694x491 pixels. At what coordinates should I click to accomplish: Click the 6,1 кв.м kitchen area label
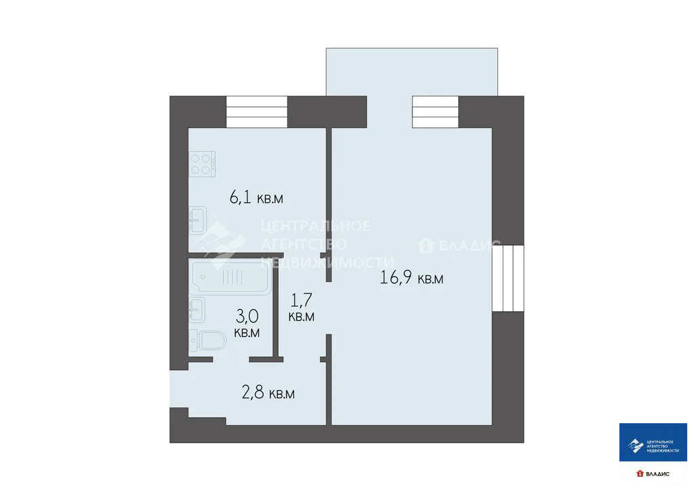tap(256, 198)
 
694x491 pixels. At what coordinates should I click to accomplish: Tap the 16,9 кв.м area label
tap(412, 278)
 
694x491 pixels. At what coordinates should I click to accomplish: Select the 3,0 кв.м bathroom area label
tap(246, 323)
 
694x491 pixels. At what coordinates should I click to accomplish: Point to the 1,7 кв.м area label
tap(301, 307)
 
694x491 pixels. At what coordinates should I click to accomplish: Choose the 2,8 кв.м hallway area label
tap(268, 393)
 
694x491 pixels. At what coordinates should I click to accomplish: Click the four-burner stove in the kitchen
tap(202, 164)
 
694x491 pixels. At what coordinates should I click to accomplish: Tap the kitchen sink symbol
tap(199, 219)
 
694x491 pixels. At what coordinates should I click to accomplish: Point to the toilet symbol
tap(206, 340)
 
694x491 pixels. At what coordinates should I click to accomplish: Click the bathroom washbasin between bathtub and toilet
tap(197, 309)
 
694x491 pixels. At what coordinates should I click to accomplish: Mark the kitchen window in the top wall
tap(257, 112)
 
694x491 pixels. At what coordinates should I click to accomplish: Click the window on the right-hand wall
tap(508, 278)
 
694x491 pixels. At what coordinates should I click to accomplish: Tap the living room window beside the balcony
tap(436, 112)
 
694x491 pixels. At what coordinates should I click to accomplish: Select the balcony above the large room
tap(412, 71)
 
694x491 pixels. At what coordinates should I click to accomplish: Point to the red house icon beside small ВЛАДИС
tap(639, 473)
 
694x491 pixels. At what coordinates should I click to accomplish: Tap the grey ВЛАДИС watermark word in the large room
tap(469, 245)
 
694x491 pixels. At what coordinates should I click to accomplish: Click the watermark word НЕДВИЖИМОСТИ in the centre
tap(328, 262)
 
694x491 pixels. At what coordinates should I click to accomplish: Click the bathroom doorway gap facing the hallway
tap(231, 359)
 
